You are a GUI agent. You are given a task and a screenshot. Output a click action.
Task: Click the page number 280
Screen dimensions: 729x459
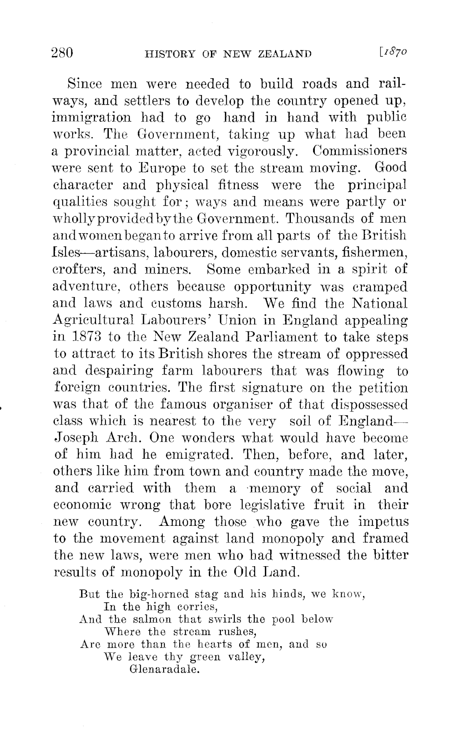coord(62,53)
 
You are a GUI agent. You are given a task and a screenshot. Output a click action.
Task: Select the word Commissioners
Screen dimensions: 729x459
coord(359,150)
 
